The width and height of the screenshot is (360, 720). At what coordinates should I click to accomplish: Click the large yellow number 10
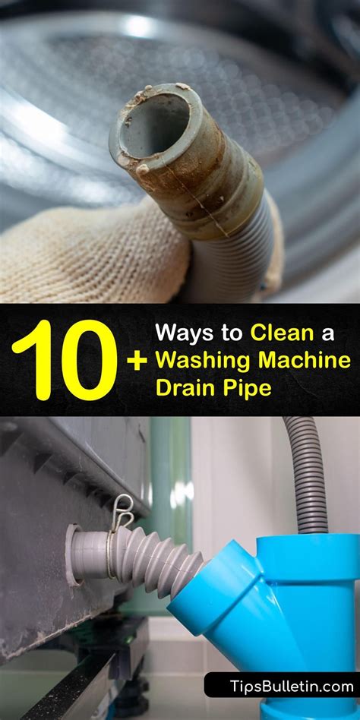(x=65, y=359)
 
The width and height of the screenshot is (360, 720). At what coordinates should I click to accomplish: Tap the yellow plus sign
(x=137, y=360)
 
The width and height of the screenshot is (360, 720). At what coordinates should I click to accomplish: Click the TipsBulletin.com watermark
(x=281, y=685)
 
